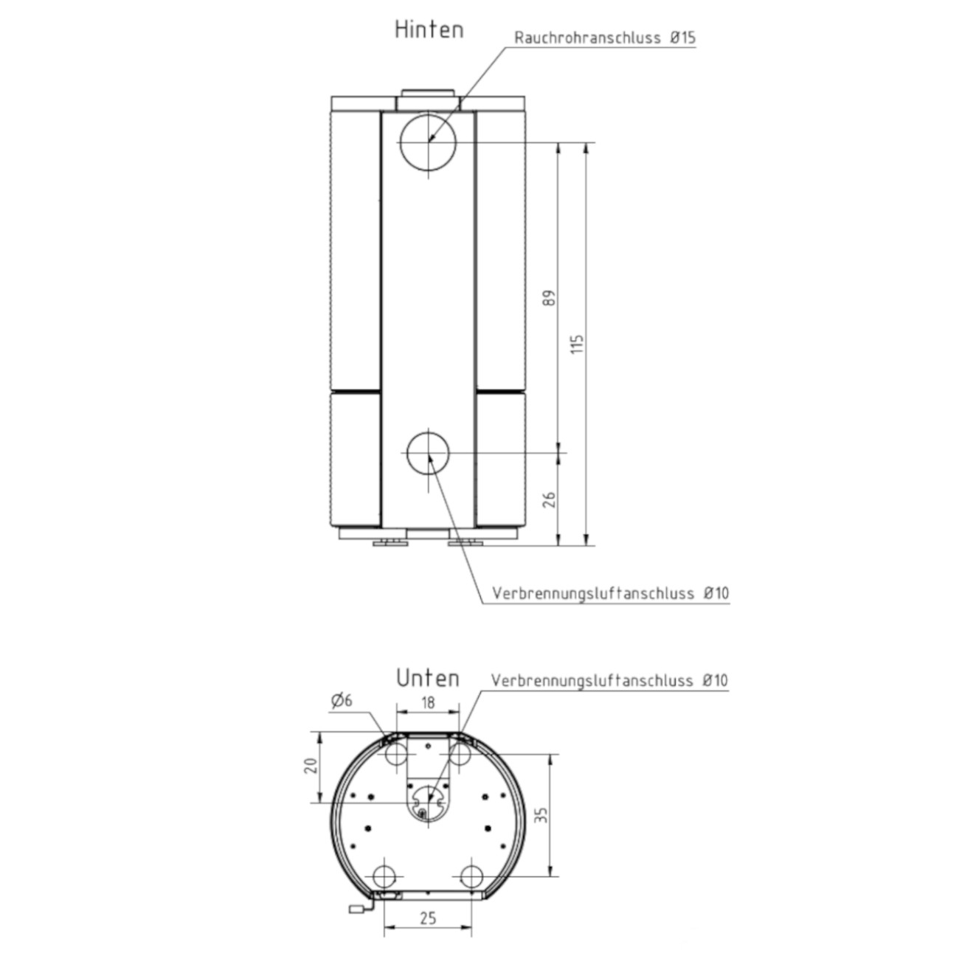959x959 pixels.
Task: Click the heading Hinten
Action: [429, 30]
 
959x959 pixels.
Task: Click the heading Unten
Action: [428, 679]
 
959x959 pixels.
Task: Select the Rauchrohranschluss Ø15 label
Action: [605, 38]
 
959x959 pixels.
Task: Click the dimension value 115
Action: [577, 344]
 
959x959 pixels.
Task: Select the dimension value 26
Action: [549, 499]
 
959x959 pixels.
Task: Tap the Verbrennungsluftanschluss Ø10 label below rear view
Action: [611, 593]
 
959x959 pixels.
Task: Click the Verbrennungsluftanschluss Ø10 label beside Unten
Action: [609, 680]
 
